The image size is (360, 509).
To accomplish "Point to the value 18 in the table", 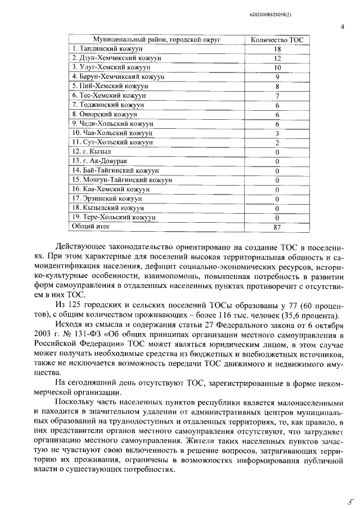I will click(x=277, y=49).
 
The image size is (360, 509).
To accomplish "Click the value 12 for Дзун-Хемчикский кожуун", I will click(x=277, y=58).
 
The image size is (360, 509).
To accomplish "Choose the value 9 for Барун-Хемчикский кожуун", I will click(x=277, y=77).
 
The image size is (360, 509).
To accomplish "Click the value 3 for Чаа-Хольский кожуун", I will click(x=277, y=133).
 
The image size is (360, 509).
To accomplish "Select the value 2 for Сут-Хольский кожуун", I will click(x=277, y=142).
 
